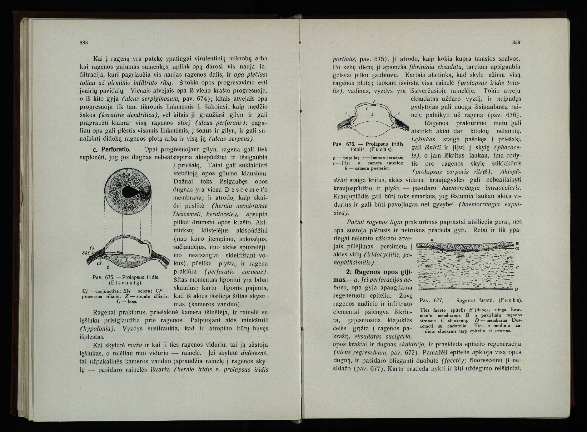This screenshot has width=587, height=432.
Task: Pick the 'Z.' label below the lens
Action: coord(108,268)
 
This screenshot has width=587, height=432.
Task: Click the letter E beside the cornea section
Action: coord(517,243)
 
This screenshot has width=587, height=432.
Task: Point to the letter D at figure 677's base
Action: coord(516,289)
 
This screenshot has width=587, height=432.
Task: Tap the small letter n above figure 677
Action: coord(431,240)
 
